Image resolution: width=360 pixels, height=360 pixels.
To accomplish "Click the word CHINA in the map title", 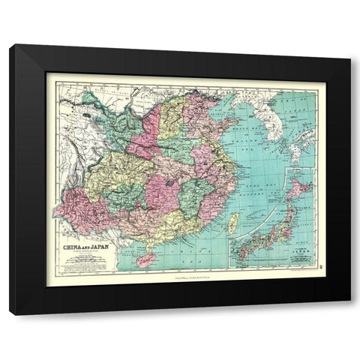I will [65, 243].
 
